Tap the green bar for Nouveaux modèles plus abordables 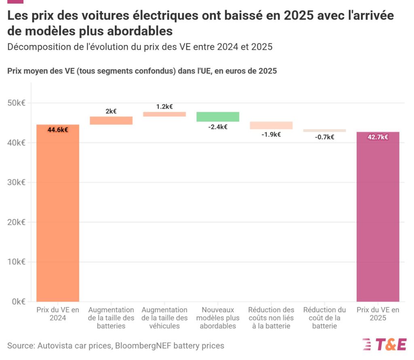click(x=218, y=117)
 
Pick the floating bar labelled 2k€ click(x=111, y=120)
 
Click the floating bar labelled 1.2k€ click(x=165, y=114)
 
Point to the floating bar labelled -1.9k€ click(x=271, y=125)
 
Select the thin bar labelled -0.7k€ click(x=324, y=131)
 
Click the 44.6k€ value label click(x=58, y=130)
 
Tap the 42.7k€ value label click(x=378, y=137)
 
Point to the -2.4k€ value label click(x=218, y=127)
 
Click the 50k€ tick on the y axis click(x=17, y=103)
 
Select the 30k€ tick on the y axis click(x=17, y=182)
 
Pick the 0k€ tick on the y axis click(x=18, y=301)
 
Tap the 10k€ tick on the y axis click(x=17, y=262)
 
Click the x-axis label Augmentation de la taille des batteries click(x=111, y=318)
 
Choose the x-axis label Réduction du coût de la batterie click(x=324, y=318)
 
